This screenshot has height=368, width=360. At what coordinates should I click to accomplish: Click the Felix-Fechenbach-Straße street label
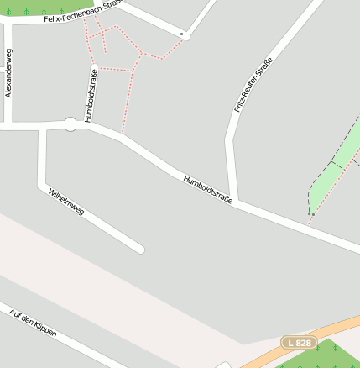tap(81, 11)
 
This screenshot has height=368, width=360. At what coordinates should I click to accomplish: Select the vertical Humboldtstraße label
tap(88, 95)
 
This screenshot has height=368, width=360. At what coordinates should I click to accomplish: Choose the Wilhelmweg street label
tap(66, 202)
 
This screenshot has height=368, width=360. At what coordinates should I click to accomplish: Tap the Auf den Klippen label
tap(33, 323)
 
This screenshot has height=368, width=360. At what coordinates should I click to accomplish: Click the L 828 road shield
tap(298, 343)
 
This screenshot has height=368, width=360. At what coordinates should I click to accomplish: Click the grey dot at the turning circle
tap(181, 34)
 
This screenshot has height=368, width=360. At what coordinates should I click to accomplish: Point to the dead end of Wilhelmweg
tap(139, 249)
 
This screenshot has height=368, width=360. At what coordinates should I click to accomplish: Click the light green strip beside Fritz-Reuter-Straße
tap(336, 160)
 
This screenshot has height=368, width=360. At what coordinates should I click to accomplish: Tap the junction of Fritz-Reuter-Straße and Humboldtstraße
tap(236, 202)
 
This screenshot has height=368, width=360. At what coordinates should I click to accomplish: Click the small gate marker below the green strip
tap(311, 214)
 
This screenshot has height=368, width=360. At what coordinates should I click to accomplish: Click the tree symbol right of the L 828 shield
tap(334, 346)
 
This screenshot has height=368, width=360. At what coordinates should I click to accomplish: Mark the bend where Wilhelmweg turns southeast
tap(42, 184)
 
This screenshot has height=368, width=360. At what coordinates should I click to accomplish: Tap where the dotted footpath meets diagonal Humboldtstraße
tap(124, 134)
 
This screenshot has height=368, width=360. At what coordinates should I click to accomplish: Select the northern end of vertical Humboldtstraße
tap(95, 66)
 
